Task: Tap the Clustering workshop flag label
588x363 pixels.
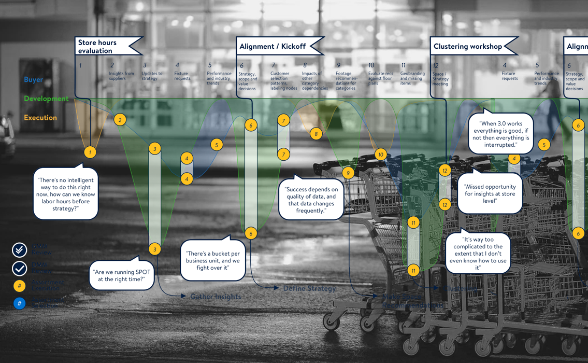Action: tap(468, 47)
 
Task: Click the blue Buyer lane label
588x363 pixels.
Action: tap(33, 80)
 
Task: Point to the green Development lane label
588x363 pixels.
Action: tap(46, 99)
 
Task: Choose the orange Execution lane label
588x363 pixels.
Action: tap(40, 118)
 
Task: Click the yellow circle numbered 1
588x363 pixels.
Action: tap(90, 152)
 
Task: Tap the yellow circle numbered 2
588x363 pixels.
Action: tap(120, 120)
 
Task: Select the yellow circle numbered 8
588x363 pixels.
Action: tap(316, 134)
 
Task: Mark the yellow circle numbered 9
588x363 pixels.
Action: tap(348, 173)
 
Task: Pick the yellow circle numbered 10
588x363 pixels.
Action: tap(381, 155)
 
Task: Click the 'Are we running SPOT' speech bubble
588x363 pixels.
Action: tap(122, 275)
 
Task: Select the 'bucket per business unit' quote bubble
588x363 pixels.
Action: tap(213, 260)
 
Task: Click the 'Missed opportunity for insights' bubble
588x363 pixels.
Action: tap(490, 193)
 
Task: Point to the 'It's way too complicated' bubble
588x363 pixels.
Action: tap(478, 254)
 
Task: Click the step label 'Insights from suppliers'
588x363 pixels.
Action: tap(121, 76)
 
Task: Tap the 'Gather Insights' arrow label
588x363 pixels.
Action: tap(215, 297)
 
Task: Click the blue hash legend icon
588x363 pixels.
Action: tap(19, 303)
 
